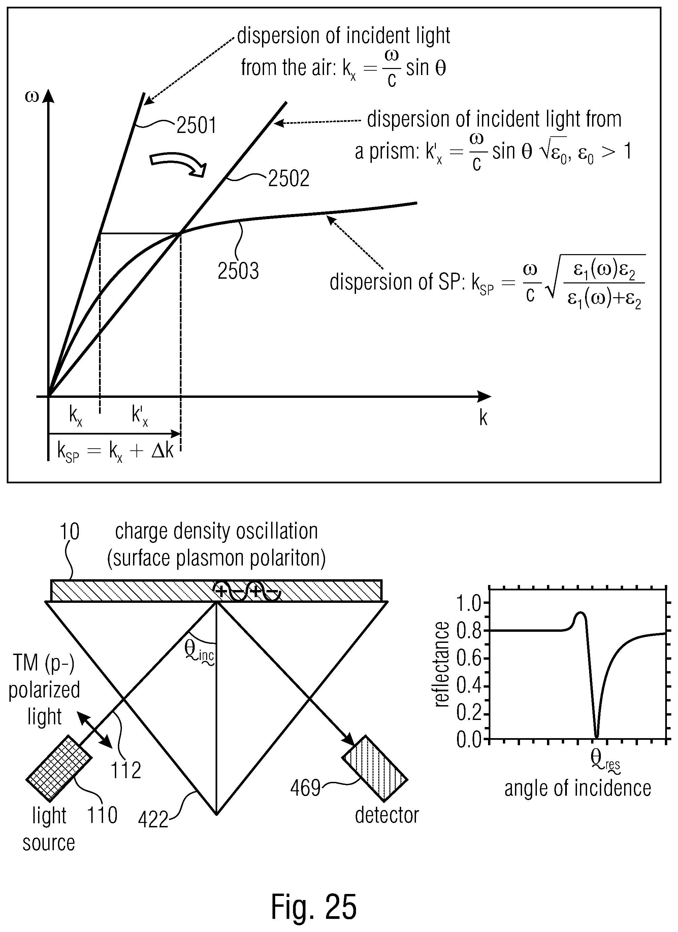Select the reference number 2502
[289, 178]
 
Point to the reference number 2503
[238, 271]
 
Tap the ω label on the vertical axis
[32, 97]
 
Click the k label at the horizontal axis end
[484, 418]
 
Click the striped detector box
[375, 768]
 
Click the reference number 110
[102, 815]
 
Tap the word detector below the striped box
[387, 815]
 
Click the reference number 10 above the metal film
[69, 532]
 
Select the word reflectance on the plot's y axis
[441, 664]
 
